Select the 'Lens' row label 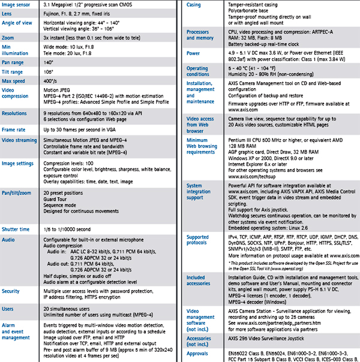8,14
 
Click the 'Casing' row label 194,5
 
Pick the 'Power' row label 193,53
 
